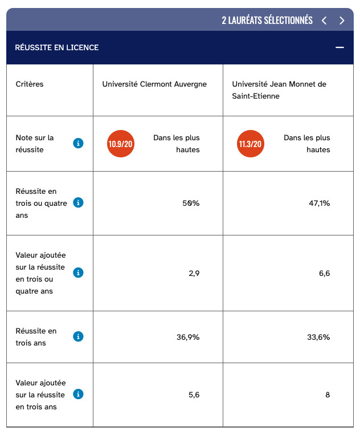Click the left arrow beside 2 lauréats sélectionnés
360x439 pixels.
pos(324,21)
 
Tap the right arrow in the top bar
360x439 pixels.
pos(342,21)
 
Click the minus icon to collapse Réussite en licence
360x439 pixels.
pos(340,47)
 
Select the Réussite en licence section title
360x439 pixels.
pos(57,47)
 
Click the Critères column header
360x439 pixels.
pos(30,84)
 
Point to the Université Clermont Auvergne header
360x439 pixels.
pos(154,84)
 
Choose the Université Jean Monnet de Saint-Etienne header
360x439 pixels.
pos(279,90)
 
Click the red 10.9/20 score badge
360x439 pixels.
pos(121,144)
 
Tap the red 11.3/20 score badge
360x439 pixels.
pos(251,144)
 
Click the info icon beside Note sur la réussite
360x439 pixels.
pos(79,144)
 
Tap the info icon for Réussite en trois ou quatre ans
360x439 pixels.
pos(79,203)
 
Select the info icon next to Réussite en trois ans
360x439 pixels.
pos(79,337)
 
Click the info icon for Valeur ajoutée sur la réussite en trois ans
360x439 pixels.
pos(79,394)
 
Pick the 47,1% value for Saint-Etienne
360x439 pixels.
pos(319,203)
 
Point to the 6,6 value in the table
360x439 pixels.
pos(325,273)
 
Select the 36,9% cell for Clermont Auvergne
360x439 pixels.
pos(188,337)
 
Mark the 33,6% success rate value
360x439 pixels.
pos(318,337)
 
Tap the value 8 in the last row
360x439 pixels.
pos(328,394)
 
